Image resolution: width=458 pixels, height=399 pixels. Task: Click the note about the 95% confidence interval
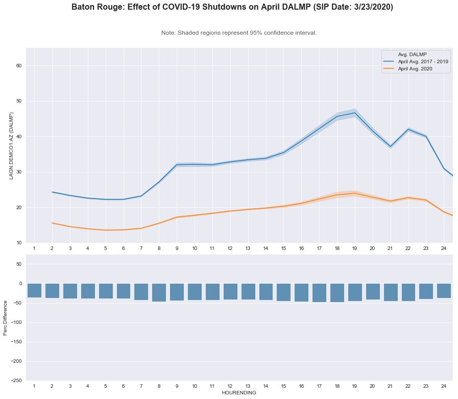point(239,33)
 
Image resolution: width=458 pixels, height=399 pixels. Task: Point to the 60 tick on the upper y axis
point(20,66)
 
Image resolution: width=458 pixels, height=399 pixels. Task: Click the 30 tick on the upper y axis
point(20,172)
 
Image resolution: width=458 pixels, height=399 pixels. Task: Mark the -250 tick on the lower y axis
point(17,381)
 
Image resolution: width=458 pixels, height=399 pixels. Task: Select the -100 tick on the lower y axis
point(17,322)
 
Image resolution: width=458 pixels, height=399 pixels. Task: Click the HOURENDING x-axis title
point(239,393)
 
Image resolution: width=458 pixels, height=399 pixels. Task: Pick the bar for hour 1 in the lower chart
point(34,290)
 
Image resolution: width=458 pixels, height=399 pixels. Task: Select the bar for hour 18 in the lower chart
point(336,293)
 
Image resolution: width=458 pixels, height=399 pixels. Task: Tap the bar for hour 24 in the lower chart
point(444,291)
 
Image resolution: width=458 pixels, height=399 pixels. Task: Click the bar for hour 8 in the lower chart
point(159,292)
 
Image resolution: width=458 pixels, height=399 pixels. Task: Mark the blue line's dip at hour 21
point(390,147)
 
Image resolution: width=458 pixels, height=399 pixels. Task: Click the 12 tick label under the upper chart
point(230,248)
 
